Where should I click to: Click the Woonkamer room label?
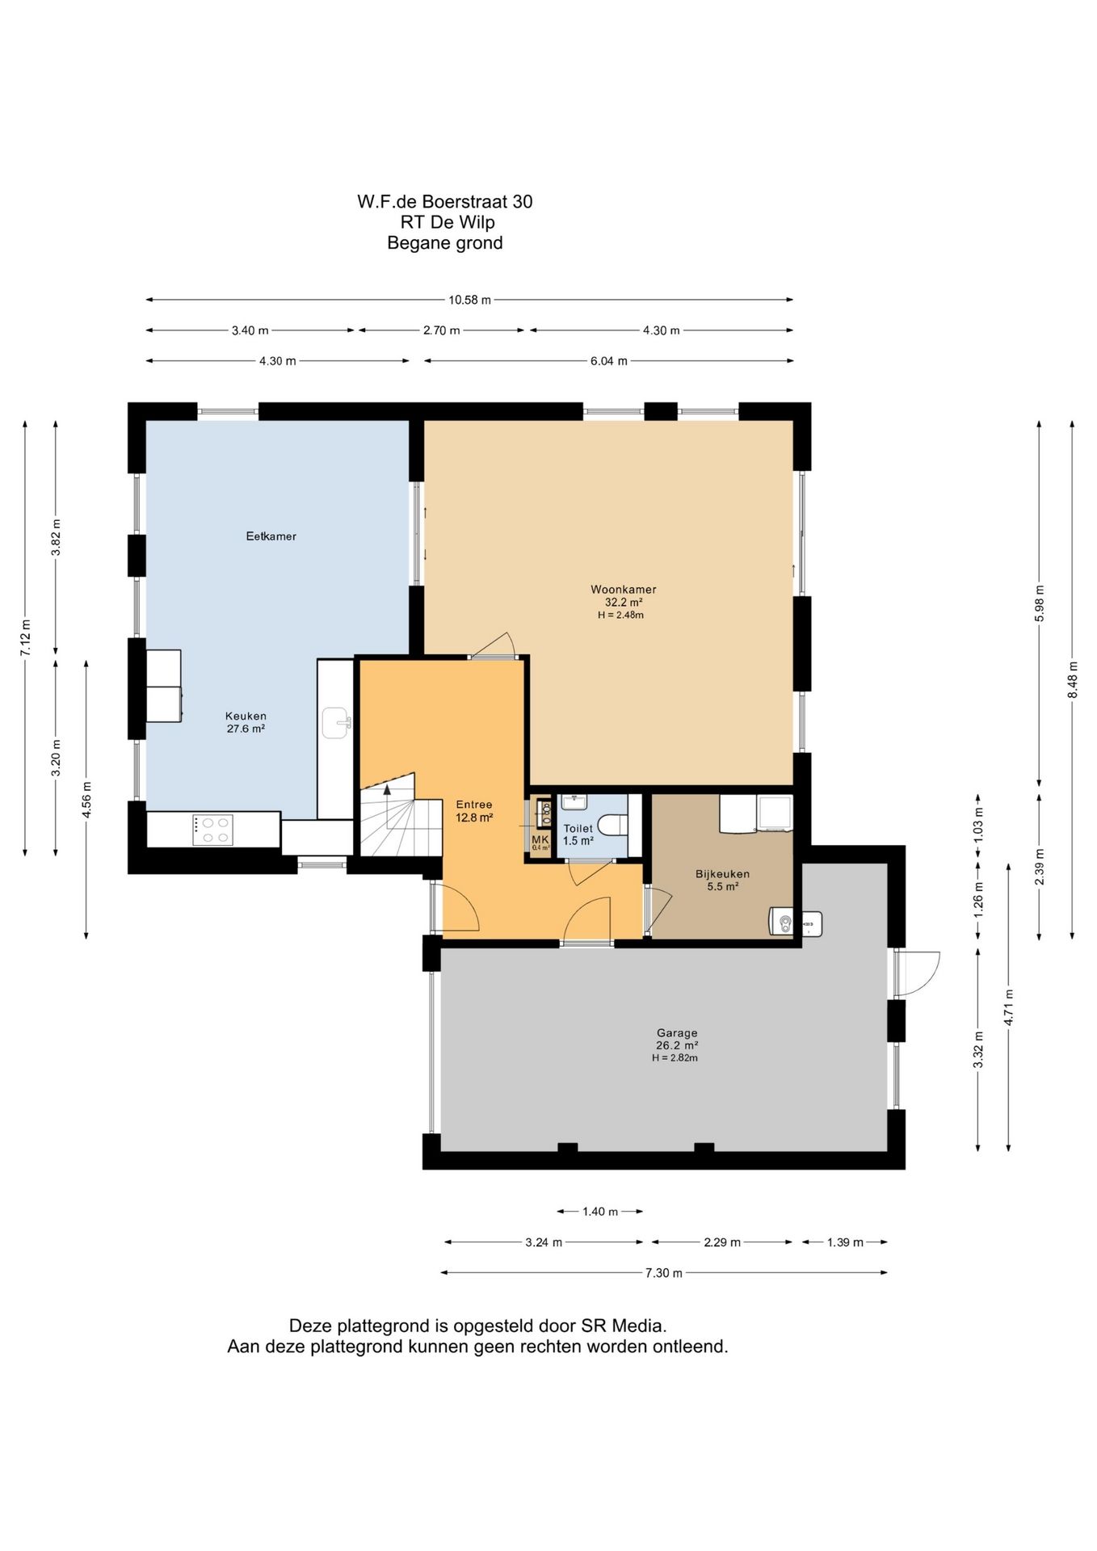click(623, 590)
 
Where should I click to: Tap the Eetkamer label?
click(271, 536)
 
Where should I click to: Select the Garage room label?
click(677, 1033)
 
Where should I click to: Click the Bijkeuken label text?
click(722, 874)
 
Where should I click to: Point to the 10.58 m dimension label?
click(470, 300)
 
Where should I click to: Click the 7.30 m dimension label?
click(664, 1273)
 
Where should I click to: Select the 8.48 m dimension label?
click(1073, 680)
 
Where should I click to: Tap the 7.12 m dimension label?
click(26, 637)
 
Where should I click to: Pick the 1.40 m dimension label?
click(600, 1212)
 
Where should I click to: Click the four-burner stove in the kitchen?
click(213, 830)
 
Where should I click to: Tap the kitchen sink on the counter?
click(336, 723)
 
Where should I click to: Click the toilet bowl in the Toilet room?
click(613, 825)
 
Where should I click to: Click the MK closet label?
click(540, 840)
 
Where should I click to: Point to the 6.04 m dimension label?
click(609, 361)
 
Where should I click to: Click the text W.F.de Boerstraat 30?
click(445, 202)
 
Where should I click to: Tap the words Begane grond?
click(445, 243)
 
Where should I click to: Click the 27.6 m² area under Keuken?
click(246, 729)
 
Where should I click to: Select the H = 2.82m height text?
click(675, 1058)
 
